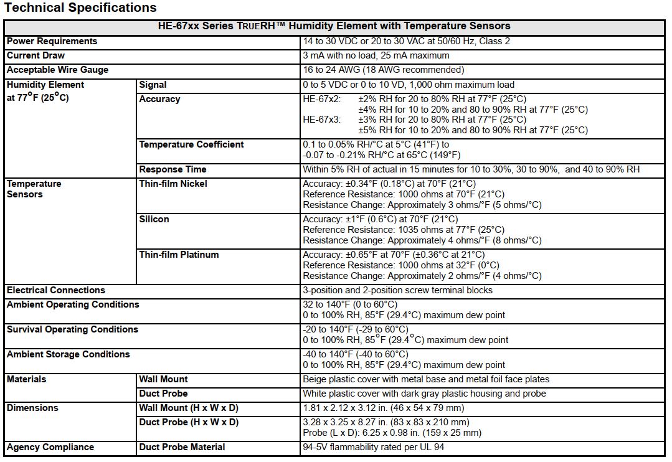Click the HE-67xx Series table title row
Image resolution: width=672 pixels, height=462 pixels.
[335, 26]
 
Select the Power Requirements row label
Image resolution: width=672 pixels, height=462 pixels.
[52, 41]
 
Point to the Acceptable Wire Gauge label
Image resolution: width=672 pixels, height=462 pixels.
[57, 70]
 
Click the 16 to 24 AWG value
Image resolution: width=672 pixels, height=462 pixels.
[383, 70]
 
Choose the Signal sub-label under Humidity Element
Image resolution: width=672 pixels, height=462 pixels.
[153, 85]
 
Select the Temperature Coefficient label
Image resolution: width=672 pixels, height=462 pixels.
[191, 144]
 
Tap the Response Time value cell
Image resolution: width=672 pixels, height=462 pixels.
[471, 169]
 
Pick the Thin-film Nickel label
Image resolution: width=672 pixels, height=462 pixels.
[173, 184]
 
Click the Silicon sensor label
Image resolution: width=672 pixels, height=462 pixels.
[154, 219]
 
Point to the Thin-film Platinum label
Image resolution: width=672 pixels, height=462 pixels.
[179, 255]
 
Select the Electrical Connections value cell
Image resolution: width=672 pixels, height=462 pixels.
[397, 290]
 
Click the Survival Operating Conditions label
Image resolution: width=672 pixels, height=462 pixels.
[72, 329]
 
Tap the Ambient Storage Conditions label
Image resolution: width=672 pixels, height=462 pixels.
[69, 354]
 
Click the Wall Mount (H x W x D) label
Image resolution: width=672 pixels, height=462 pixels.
[189, 408]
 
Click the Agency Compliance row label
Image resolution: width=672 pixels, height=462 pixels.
[50, 447]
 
